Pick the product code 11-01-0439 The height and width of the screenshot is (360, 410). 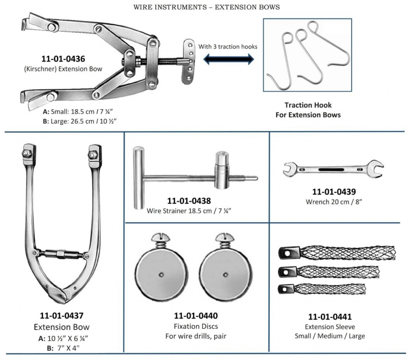[x=333, y=192]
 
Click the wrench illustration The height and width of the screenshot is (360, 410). [x=333, y=168]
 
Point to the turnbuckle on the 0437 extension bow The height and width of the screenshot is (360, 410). [x=61, y=253]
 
